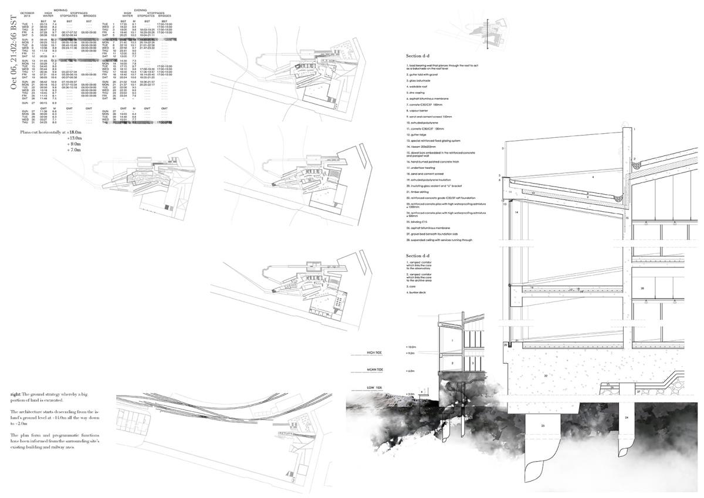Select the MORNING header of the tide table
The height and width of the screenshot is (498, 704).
(60, 9)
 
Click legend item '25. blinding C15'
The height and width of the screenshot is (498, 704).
(418, 222)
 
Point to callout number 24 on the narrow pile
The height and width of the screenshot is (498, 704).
(627, 418)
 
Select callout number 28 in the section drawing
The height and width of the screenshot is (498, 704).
(642, 289)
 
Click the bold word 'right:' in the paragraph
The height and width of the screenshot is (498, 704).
(16, 392)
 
